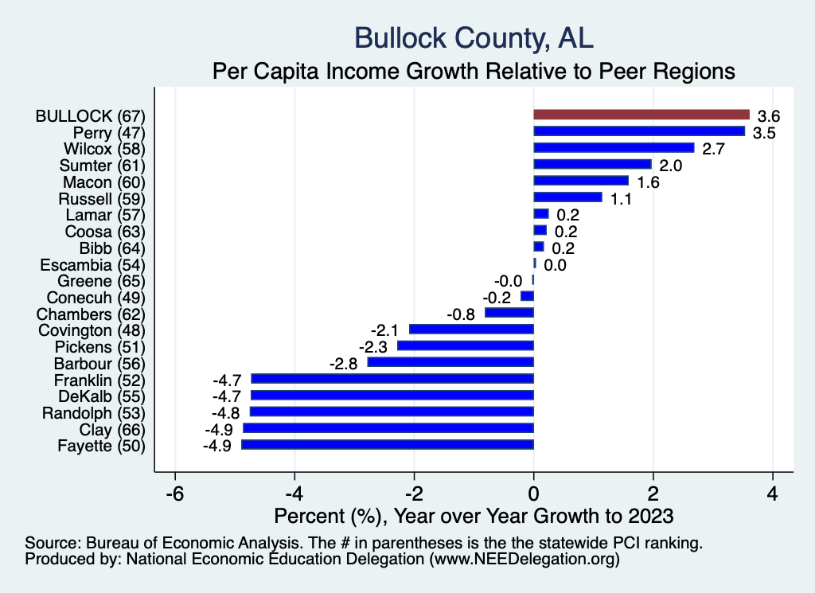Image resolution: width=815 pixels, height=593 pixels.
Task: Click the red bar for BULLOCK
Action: click(641, 115)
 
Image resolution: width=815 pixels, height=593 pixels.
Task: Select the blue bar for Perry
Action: click(639, 131)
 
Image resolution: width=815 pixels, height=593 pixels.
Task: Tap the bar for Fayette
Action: click(388, 445)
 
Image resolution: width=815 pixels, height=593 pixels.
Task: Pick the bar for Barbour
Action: click(450, 362)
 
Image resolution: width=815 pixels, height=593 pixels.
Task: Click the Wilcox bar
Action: click(614, 148)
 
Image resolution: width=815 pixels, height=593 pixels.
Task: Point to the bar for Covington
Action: click(471, 329)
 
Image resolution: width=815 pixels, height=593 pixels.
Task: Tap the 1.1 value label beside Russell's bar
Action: click(621, 199)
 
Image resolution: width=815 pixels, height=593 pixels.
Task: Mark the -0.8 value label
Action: click(462, 314)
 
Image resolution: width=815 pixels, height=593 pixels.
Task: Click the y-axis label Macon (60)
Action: click(103, 181)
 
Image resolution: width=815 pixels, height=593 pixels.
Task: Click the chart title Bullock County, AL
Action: click(474, 37)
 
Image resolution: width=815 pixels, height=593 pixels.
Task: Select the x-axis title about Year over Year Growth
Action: click(474, 516)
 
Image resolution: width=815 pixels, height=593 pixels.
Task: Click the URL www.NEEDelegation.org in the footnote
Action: click(524, 560)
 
